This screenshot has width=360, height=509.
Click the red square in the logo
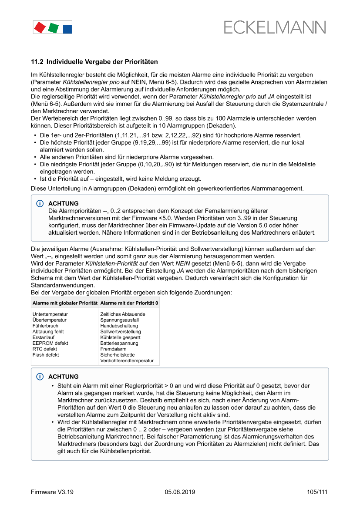coord(40,27)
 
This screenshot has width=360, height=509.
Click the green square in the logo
coord(54,28)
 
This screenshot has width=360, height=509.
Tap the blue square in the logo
coord(67,29)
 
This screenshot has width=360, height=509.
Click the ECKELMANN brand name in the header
coord(275,27)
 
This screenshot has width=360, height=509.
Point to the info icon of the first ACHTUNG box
coord(40,204)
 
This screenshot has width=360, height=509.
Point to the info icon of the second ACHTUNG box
coord(40,377)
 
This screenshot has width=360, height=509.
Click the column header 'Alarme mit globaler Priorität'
coord(64,303)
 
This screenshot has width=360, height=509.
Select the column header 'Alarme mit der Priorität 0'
coord(129,303)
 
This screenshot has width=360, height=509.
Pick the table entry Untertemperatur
coord(50,314)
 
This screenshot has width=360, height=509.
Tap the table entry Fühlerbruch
coord(45,326)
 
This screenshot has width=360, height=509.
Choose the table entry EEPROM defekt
coord(50,343)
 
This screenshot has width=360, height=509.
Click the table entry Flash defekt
coord(46,355)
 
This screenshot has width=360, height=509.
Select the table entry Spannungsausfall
coord(119,320)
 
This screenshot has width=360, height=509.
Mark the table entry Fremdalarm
coord(113,349)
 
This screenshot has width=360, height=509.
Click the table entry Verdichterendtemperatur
coord(127,361)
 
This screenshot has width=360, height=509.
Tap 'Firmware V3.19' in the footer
coord(52,492)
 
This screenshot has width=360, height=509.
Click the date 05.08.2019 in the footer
coord(180,492)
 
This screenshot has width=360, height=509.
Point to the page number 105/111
coord(317,492)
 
